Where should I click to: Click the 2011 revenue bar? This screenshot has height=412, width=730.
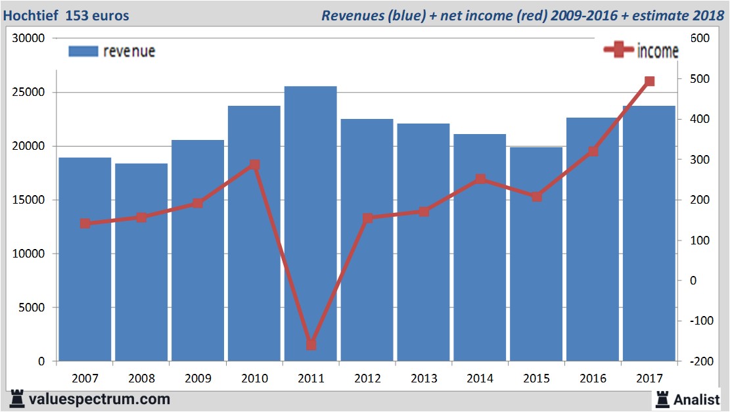(311, 223)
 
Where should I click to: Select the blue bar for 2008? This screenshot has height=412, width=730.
(141, 262)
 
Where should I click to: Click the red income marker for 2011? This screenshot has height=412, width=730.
(311, 344)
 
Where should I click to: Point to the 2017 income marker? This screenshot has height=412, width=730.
(649, 81)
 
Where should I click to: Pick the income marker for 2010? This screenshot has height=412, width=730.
(254, 165)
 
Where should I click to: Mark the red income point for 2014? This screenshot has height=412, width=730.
(480, 179)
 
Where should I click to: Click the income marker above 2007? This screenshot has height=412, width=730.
(85, 223)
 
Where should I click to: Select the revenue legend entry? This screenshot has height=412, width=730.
(112, 51)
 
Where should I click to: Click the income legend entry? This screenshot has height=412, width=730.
(641, 51)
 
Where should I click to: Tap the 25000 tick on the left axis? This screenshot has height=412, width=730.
(29, 93)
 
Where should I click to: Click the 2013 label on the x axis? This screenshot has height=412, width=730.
(424, 378)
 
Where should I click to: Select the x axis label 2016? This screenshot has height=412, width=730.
(593, 378)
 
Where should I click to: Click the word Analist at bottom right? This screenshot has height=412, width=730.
(696, 399)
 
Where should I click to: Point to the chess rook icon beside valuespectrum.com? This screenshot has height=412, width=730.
(16, 398)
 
